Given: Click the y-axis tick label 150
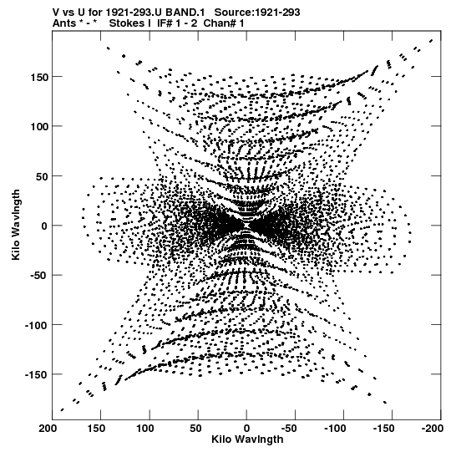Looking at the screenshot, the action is point(39,77).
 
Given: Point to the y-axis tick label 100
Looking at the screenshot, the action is point(39,126).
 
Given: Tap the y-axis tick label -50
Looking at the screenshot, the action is point(39,275).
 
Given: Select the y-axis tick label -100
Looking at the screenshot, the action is point(37,325).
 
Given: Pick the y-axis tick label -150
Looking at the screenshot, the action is point(37,374).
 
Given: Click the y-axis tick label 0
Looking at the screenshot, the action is point(44,226).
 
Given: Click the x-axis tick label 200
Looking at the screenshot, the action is point(48,429).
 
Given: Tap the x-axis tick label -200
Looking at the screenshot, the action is point(433,429).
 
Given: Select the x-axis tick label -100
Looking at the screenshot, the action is point(336,429).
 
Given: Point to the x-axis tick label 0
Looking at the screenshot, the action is point(246,429).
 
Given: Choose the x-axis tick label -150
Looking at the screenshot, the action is point(384,429).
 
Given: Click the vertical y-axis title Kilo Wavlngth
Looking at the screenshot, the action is point(16,225).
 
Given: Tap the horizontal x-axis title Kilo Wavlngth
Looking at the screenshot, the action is point(247,439).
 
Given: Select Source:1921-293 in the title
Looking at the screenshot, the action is point(257,13).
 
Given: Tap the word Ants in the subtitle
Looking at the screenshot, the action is point(64,23).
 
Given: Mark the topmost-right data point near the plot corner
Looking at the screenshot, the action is point(431,41).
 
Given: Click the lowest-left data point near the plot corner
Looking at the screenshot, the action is point(62,409).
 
